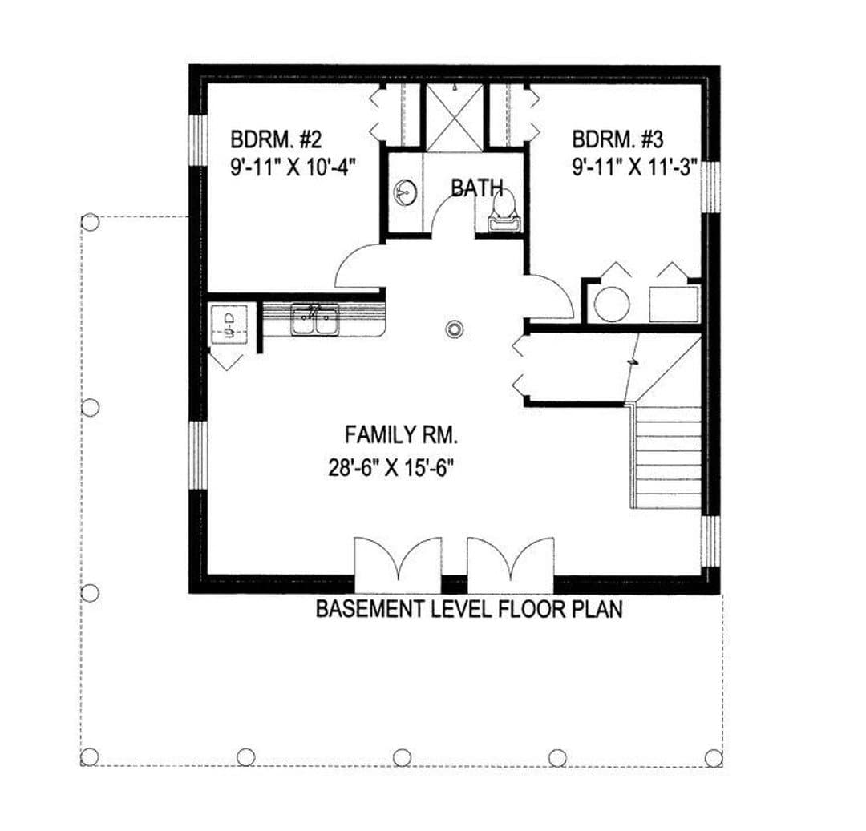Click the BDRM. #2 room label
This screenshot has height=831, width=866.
click(276, 139)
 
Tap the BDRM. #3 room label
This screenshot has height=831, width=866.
click(617, 139)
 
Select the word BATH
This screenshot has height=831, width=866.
click(477, 188)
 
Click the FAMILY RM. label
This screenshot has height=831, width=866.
click(402, 435)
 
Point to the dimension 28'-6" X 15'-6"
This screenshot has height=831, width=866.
click(391, 469)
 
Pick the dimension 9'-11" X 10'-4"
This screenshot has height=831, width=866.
click(292, 166)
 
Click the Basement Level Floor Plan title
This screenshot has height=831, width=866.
click(469, 609)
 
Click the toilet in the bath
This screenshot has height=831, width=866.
click(503, 211)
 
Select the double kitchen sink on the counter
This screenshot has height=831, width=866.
click(315, 320)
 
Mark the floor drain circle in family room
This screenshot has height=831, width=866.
click(453, 329)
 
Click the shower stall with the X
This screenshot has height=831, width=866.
click(455, 118)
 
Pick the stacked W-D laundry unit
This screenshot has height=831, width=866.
click(229, 324)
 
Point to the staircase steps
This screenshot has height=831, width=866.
click(666, 457)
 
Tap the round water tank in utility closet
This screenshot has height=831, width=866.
click(612, 305)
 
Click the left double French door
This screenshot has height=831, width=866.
click(398, 557)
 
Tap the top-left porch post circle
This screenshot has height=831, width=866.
click(90, 222)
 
